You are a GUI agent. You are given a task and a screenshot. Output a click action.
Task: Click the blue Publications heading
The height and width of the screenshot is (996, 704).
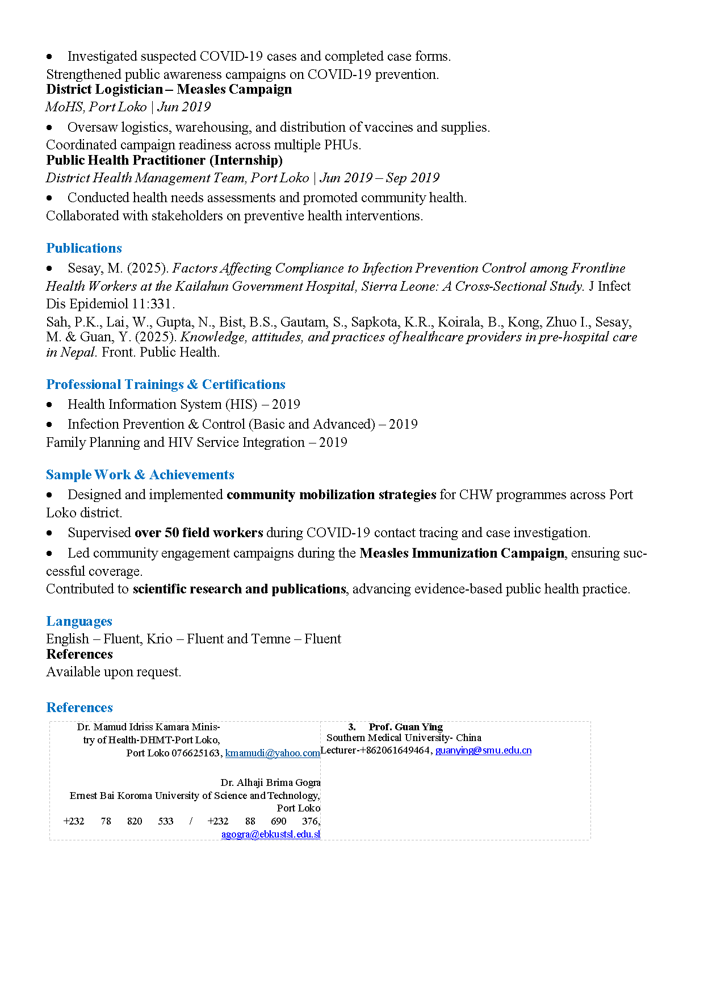click(84, 248)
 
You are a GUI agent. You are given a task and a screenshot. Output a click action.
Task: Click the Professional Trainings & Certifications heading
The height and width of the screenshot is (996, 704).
click(166, 384)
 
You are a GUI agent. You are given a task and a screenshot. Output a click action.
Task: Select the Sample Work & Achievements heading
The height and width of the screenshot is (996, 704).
click(140, 475)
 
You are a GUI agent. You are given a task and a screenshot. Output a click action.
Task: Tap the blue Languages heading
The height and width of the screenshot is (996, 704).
click(79, 621)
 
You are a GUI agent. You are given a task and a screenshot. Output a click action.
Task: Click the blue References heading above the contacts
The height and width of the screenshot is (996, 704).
click(79, 708)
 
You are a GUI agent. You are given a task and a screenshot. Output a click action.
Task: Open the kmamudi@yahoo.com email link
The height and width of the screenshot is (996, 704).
click(273, 753)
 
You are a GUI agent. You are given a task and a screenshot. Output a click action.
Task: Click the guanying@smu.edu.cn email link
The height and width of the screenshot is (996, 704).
click(483, 750)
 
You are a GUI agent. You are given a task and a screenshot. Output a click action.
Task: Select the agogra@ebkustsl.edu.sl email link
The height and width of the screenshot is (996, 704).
click(271, 834)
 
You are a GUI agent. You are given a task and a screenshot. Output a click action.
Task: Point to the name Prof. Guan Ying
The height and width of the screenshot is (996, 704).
click(405, 727)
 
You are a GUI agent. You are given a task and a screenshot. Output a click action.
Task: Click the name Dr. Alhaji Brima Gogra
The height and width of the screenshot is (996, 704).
click(270, 782)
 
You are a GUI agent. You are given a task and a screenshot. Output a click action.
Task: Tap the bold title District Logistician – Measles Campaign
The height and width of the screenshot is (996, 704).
click(169, 89)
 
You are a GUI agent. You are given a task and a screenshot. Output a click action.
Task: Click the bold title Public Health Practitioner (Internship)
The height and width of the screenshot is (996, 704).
click(164, 160)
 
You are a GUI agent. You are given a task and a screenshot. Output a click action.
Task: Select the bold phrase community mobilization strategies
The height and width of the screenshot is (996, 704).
click(331, 495)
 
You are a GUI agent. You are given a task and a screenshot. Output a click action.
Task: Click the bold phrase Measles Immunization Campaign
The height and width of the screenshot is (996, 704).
click(462, 553)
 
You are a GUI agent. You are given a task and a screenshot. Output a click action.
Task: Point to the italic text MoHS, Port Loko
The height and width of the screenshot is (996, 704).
click(96, 107)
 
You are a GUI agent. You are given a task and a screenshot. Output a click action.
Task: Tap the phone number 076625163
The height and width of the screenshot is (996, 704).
click(196, 753)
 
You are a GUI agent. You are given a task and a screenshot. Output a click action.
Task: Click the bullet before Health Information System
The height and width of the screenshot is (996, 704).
click(50, 405)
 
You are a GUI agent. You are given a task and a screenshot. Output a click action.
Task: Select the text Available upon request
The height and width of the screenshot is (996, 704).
click(114, 672)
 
